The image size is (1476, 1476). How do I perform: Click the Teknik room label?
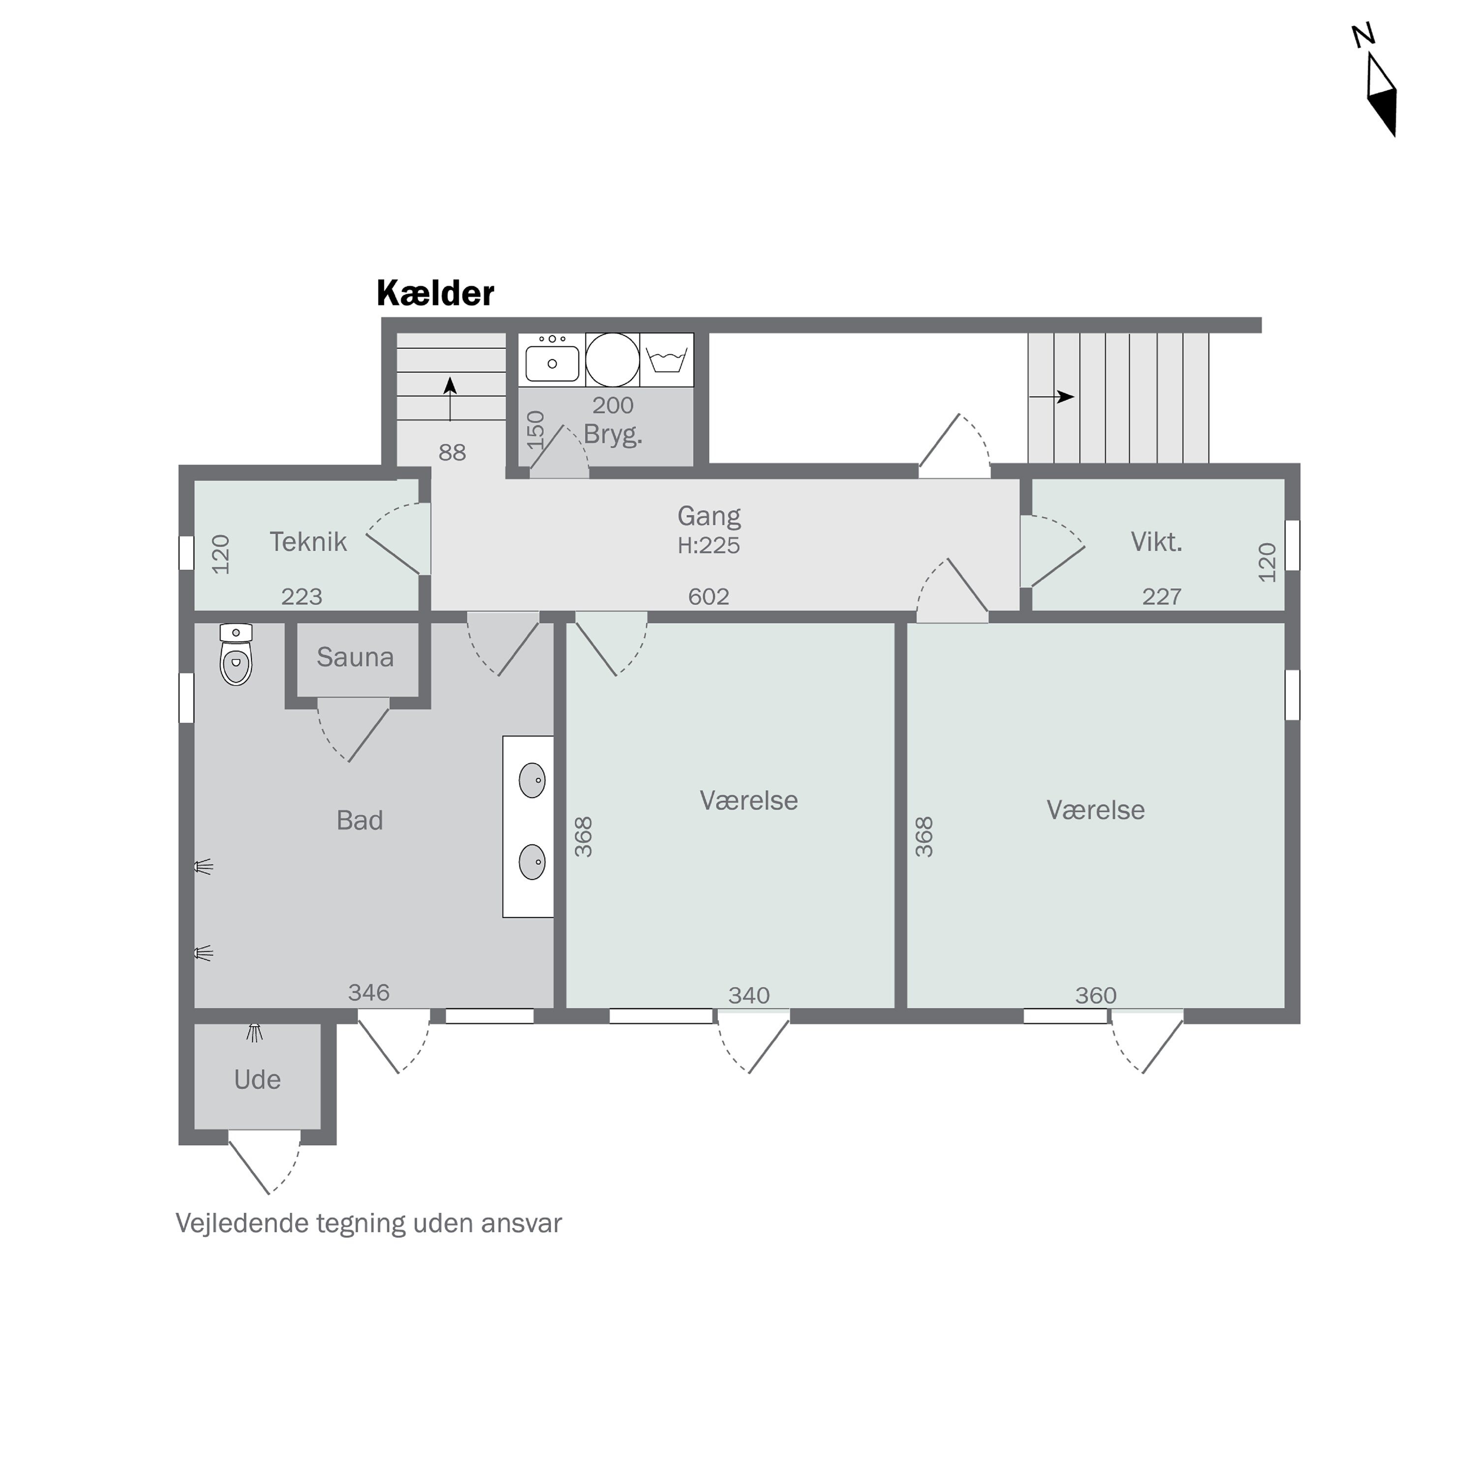pos(308,542)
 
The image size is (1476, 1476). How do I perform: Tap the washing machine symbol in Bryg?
pos(666,360)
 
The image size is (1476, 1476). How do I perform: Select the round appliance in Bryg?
pos(613,360)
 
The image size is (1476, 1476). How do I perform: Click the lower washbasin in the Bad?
pos(532,862)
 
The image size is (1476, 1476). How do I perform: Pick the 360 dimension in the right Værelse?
pos(1096,995)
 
